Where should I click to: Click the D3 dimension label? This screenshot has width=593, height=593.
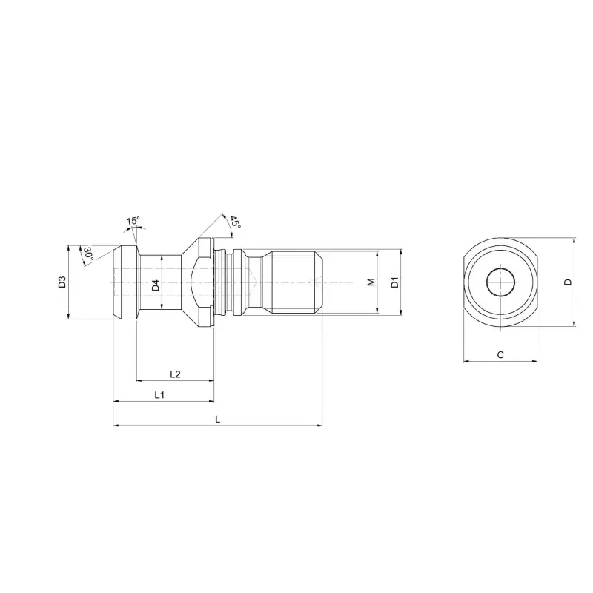(62, 282)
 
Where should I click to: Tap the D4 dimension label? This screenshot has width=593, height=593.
(156, 285)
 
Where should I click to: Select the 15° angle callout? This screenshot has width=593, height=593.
(133, 220)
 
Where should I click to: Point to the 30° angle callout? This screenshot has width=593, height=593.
(88, 254)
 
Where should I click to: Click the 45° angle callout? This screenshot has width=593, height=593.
(235, 222)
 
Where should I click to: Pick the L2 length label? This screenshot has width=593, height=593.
(175, 374)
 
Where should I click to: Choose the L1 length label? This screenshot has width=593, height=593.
(159, 395)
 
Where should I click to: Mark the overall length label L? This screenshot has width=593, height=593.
(217, 419)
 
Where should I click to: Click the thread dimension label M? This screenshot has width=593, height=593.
(371, 282)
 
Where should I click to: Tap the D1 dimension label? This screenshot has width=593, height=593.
(394, 282)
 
